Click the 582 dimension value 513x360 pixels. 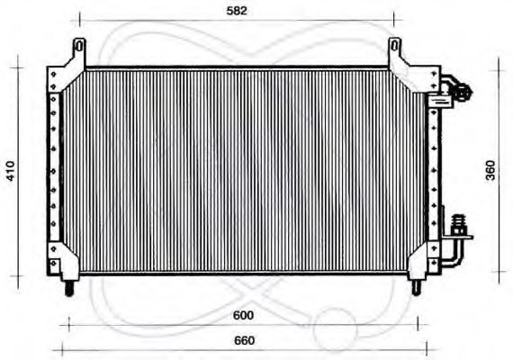236,11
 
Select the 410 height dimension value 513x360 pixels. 11,170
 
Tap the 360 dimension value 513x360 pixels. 490,171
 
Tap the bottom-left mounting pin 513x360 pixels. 69,288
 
